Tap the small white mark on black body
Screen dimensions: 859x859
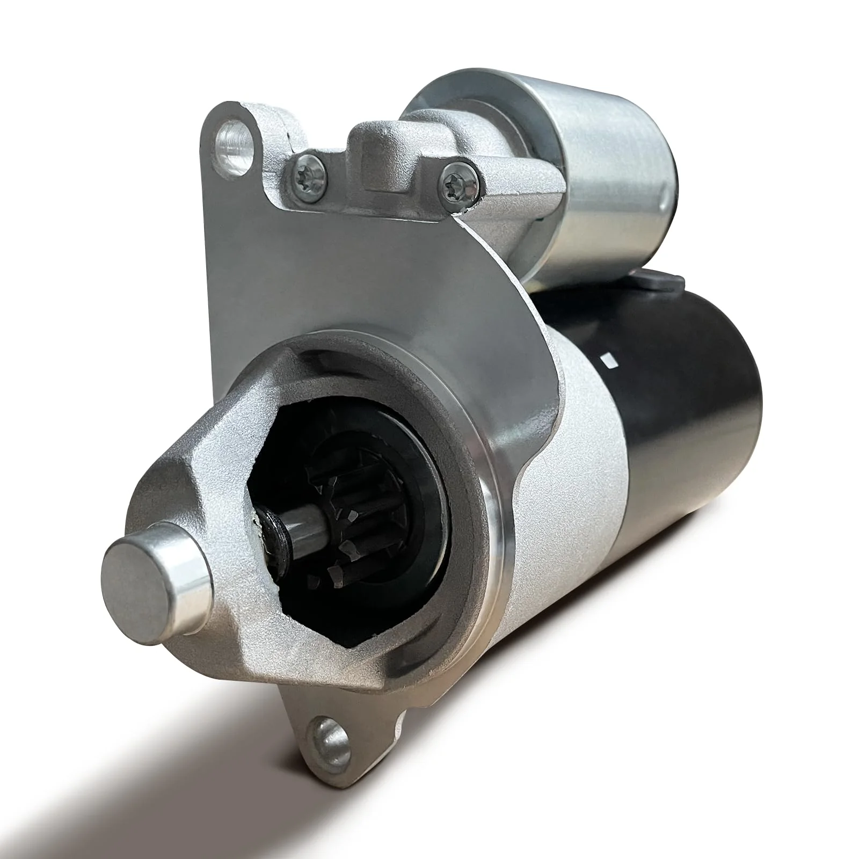tap(609, 360)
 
